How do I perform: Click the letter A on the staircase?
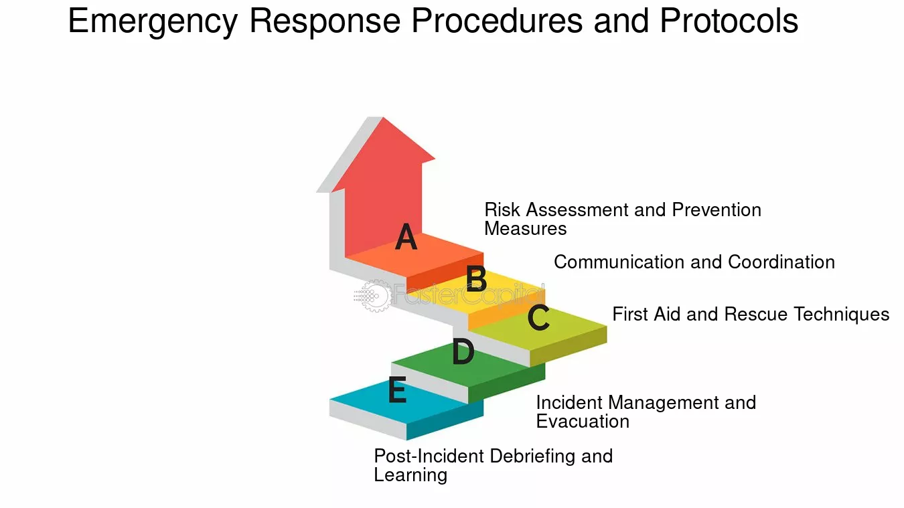pos(406,236)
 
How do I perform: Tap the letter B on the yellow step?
pos(476,278)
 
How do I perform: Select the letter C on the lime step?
pos(538,317)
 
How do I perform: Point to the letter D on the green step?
pos(463,351)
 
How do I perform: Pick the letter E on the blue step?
pos(397,390)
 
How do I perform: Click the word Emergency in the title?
pos(153,21)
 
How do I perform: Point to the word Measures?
pos(526,229)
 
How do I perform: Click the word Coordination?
pos(781,262)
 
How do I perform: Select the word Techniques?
pos(842,315)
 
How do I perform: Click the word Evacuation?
pos(583,422)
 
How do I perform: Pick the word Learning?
pos(411,475)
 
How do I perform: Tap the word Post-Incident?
pos(429,456)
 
